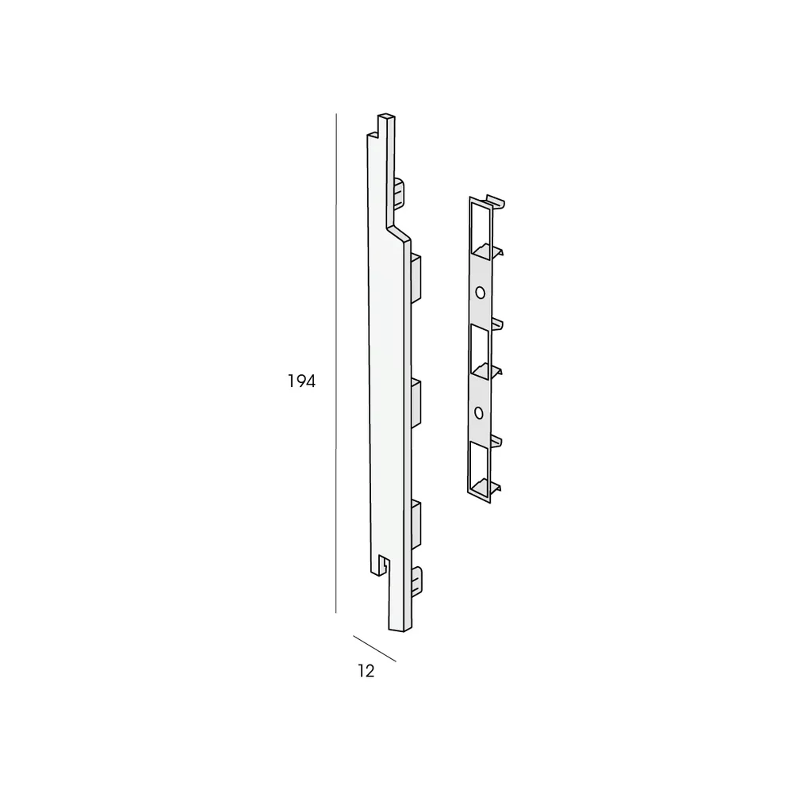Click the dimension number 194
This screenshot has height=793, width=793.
point(301,381)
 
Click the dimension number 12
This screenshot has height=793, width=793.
point(366,672)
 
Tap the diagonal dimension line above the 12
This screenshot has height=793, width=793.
point(374,648)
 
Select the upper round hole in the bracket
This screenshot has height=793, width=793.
point(479,292)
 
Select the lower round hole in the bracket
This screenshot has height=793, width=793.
point(479,412)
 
